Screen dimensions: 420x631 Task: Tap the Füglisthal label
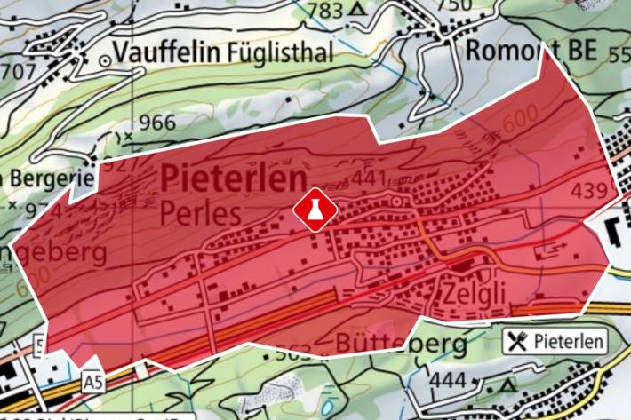coord(281,52)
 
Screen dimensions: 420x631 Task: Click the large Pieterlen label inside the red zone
coord(233,180)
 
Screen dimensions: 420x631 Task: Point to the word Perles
coord(202,213)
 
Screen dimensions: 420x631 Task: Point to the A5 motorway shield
coord(92,381)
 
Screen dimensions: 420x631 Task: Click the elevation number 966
coord(156,123)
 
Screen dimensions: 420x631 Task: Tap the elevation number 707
coord(18,68)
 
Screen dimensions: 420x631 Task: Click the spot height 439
coord(595,190)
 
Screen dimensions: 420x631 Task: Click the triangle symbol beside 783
coord(358,10)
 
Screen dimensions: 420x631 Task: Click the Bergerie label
coord(50,178)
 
